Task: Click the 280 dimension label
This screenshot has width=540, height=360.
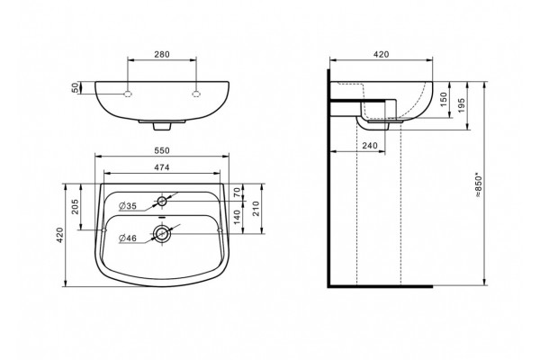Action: (x=162, y=54)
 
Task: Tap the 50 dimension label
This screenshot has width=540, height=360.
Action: (x=75, y=88)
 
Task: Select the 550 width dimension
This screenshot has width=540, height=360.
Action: (x=162, y=150)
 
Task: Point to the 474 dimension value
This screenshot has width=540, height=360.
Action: (x=162, y=167)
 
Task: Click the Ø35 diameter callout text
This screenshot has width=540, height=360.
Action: (x=128, y=206)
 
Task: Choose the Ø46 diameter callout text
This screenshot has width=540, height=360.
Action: (x=128, y=238)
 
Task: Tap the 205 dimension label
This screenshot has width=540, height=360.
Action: (x=75, y=207)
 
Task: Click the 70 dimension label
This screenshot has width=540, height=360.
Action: (x=237, y=193)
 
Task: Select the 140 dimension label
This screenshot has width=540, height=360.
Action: (x=237, y=218)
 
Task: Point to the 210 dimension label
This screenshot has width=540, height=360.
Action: (x=256, y=209)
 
